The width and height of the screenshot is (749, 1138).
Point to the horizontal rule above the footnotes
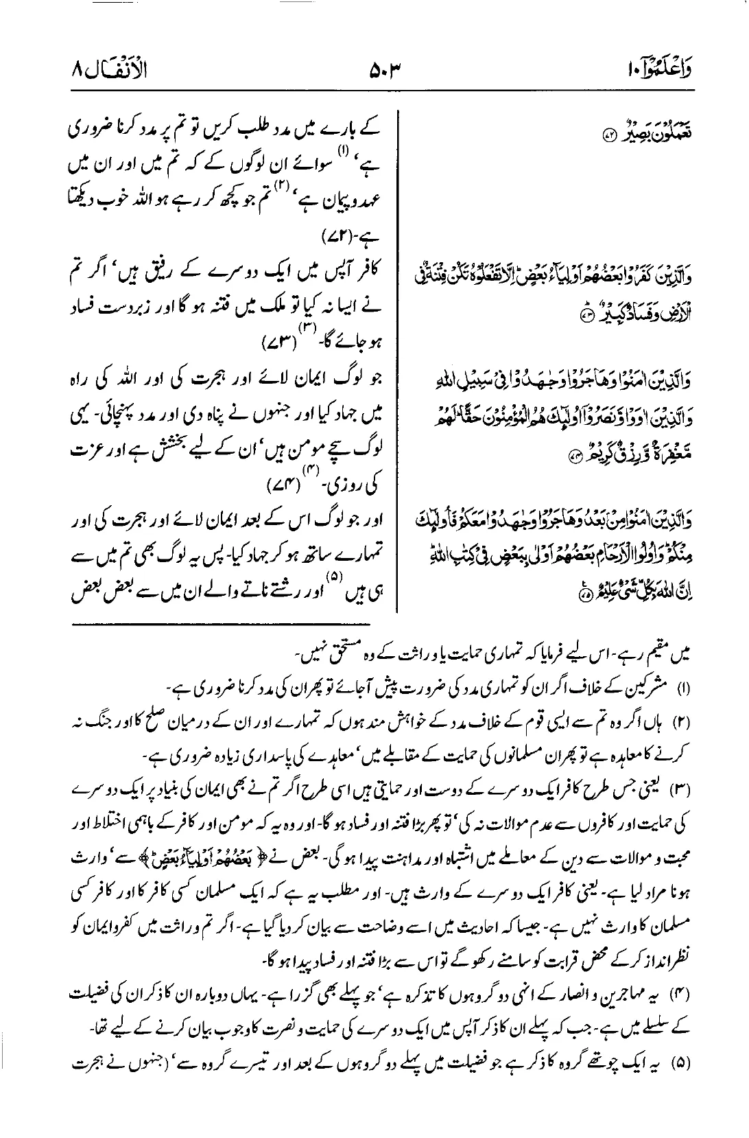[x=219, y=623]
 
